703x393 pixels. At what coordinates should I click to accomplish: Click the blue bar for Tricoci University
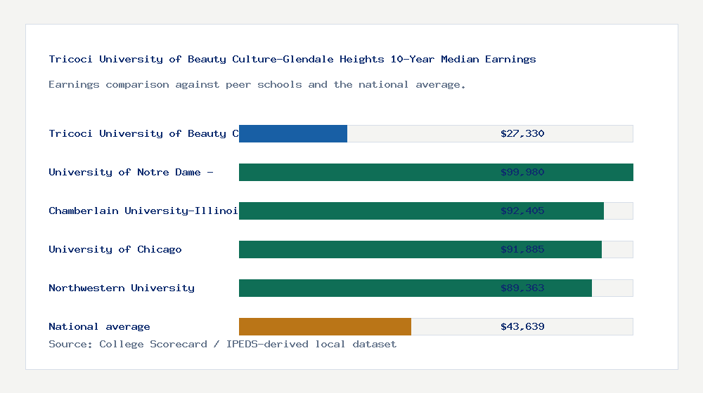point(293,133)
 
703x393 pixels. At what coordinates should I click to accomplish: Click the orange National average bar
point(325,326)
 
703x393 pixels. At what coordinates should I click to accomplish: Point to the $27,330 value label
point(522,133)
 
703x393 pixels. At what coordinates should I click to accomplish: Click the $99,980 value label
point(522,172)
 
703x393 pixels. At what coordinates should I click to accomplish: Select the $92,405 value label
point(522,211)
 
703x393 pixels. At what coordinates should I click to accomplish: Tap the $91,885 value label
point(522,249)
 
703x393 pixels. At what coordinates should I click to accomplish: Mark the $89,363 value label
point(522,288)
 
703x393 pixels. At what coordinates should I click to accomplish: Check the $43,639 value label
point(522,326)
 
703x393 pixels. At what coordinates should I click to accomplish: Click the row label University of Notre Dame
point(131,172)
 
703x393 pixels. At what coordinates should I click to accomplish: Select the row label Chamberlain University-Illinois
point(143,211)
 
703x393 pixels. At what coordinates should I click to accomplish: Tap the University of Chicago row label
point(115,249)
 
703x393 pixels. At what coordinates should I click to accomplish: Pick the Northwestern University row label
point(122,288)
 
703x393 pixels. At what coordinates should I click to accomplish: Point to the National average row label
point(99,326)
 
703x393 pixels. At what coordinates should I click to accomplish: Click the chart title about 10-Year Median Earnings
point(292,59)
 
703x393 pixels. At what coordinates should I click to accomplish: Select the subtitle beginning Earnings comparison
point(257,84)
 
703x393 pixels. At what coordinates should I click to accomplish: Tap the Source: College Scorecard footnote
point(222,344)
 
